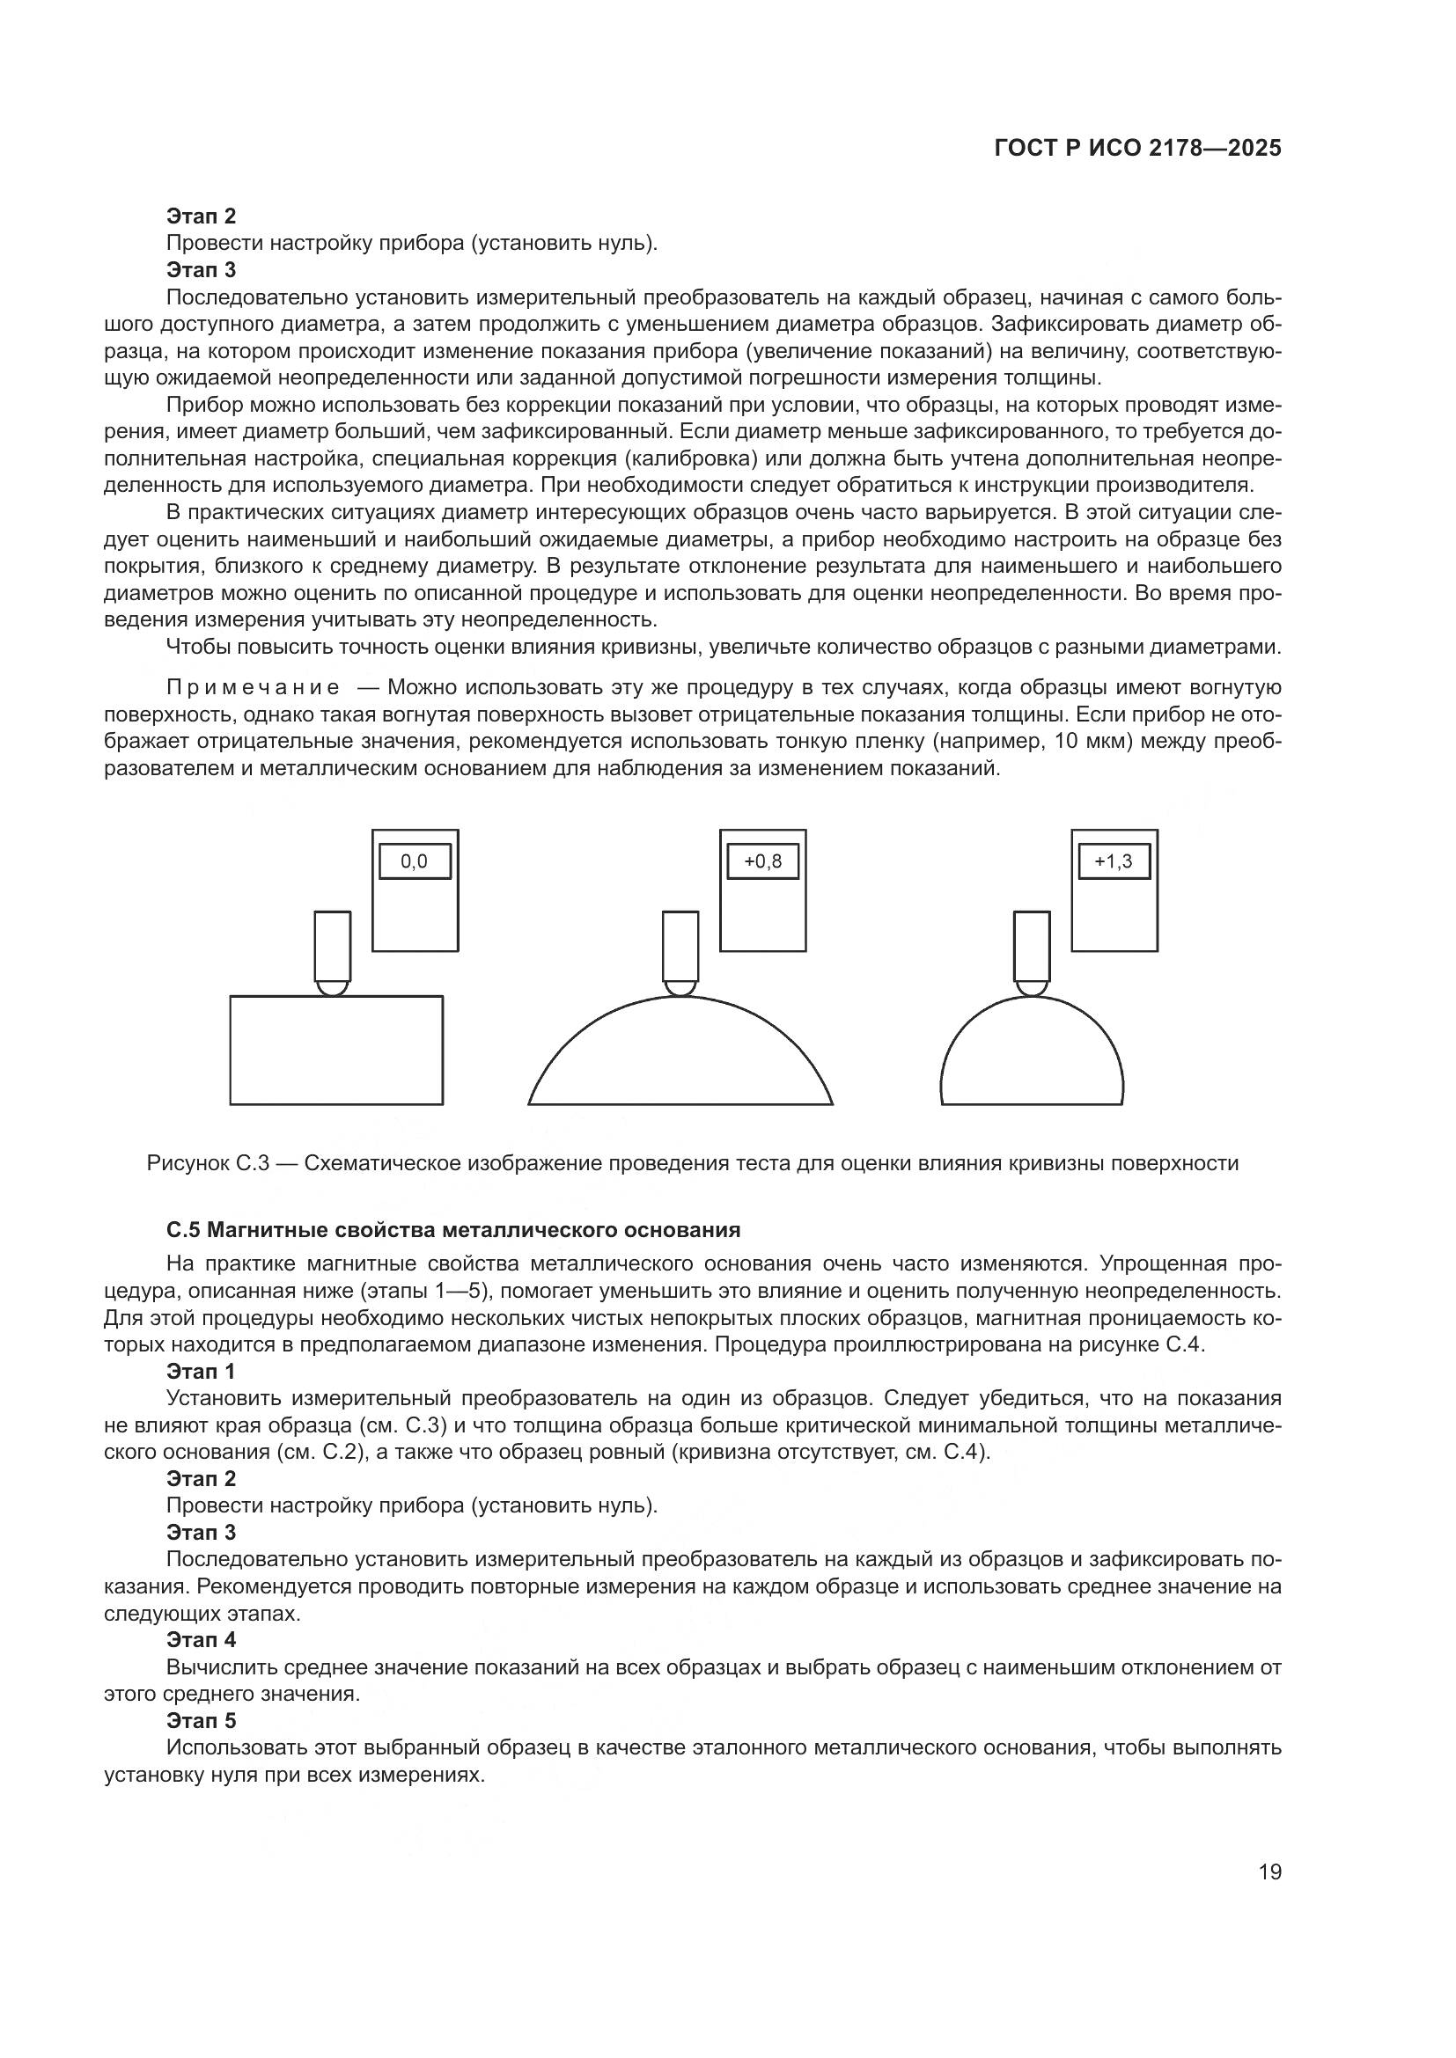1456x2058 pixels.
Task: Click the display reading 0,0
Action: [x=415, y=861]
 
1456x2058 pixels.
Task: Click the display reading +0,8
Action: [x=763, y=861]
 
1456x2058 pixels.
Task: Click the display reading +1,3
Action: [x=1114, y=861]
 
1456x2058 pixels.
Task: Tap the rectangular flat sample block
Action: [x=336, y=1050]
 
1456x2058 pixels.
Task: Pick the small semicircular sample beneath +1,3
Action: [x=1032, y=1058]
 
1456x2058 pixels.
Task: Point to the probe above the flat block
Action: [x=333, y=949]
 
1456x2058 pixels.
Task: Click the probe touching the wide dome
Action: [x=680, y=949]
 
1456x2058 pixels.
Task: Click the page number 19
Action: [x=1269, y=1871]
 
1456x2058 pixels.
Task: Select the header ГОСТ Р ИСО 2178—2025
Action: [x=1137, y=149]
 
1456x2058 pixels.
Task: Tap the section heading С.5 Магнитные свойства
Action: [x=452, y=1230]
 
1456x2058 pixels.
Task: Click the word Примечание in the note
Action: [x=253, y=687]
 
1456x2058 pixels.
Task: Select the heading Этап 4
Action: [x=201, y=1639]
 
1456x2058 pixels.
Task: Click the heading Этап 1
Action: [x=201, y=1372]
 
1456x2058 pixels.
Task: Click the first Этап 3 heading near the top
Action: [x=201, y=269]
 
